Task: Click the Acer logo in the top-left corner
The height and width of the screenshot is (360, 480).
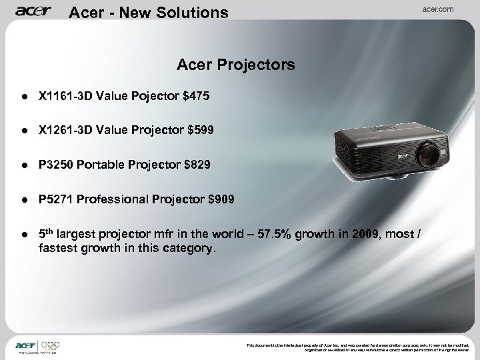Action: pyautogui.click(x=34, y=11)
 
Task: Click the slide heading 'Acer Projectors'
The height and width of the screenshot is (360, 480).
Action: pyautogui.click(x=236, y=65)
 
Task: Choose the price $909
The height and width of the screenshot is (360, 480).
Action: pyautogui.click(x=221, y=199)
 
